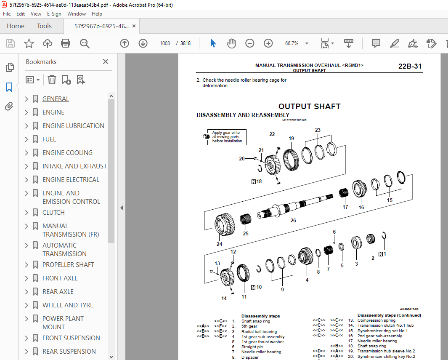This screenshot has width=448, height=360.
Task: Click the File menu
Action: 7,14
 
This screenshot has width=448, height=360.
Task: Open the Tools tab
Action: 44,26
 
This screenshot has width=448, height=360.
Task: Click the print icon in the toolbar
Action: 66,43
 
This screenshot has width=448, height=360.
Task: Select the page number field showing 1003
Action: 164,43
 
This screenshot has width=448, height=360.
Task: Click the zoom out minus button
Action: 250,43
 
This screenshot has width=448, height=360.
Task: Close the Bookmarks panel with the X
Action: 106,62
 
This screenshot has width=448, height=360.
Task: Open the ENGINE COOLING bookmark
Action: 67,153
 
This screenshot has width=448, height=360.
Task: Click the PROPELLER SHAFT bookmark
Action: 68,265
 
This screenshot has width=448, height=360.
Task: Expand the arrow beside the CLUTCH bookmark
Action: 27,213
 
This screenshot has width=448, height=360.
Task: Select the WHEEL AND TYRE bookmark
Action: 68,305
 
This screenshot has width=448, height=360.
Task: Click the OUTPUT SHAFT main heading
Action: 309,107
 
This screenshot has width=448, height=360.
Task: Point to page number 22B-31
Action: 409,66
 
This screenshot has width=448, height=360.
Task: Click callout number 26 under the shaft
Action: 293,221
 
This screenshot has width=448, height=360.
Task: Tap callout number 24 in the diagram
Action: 219,244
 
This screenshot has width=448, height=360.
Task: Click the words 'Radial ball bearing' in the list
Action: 259,331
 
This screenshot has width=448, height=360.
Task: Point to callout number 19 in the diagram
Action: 291,139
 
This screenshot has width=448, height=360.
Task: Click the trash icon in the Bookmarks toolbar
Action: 52,80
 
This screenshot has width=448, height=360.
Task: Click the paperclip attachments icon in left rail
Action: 9,107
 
